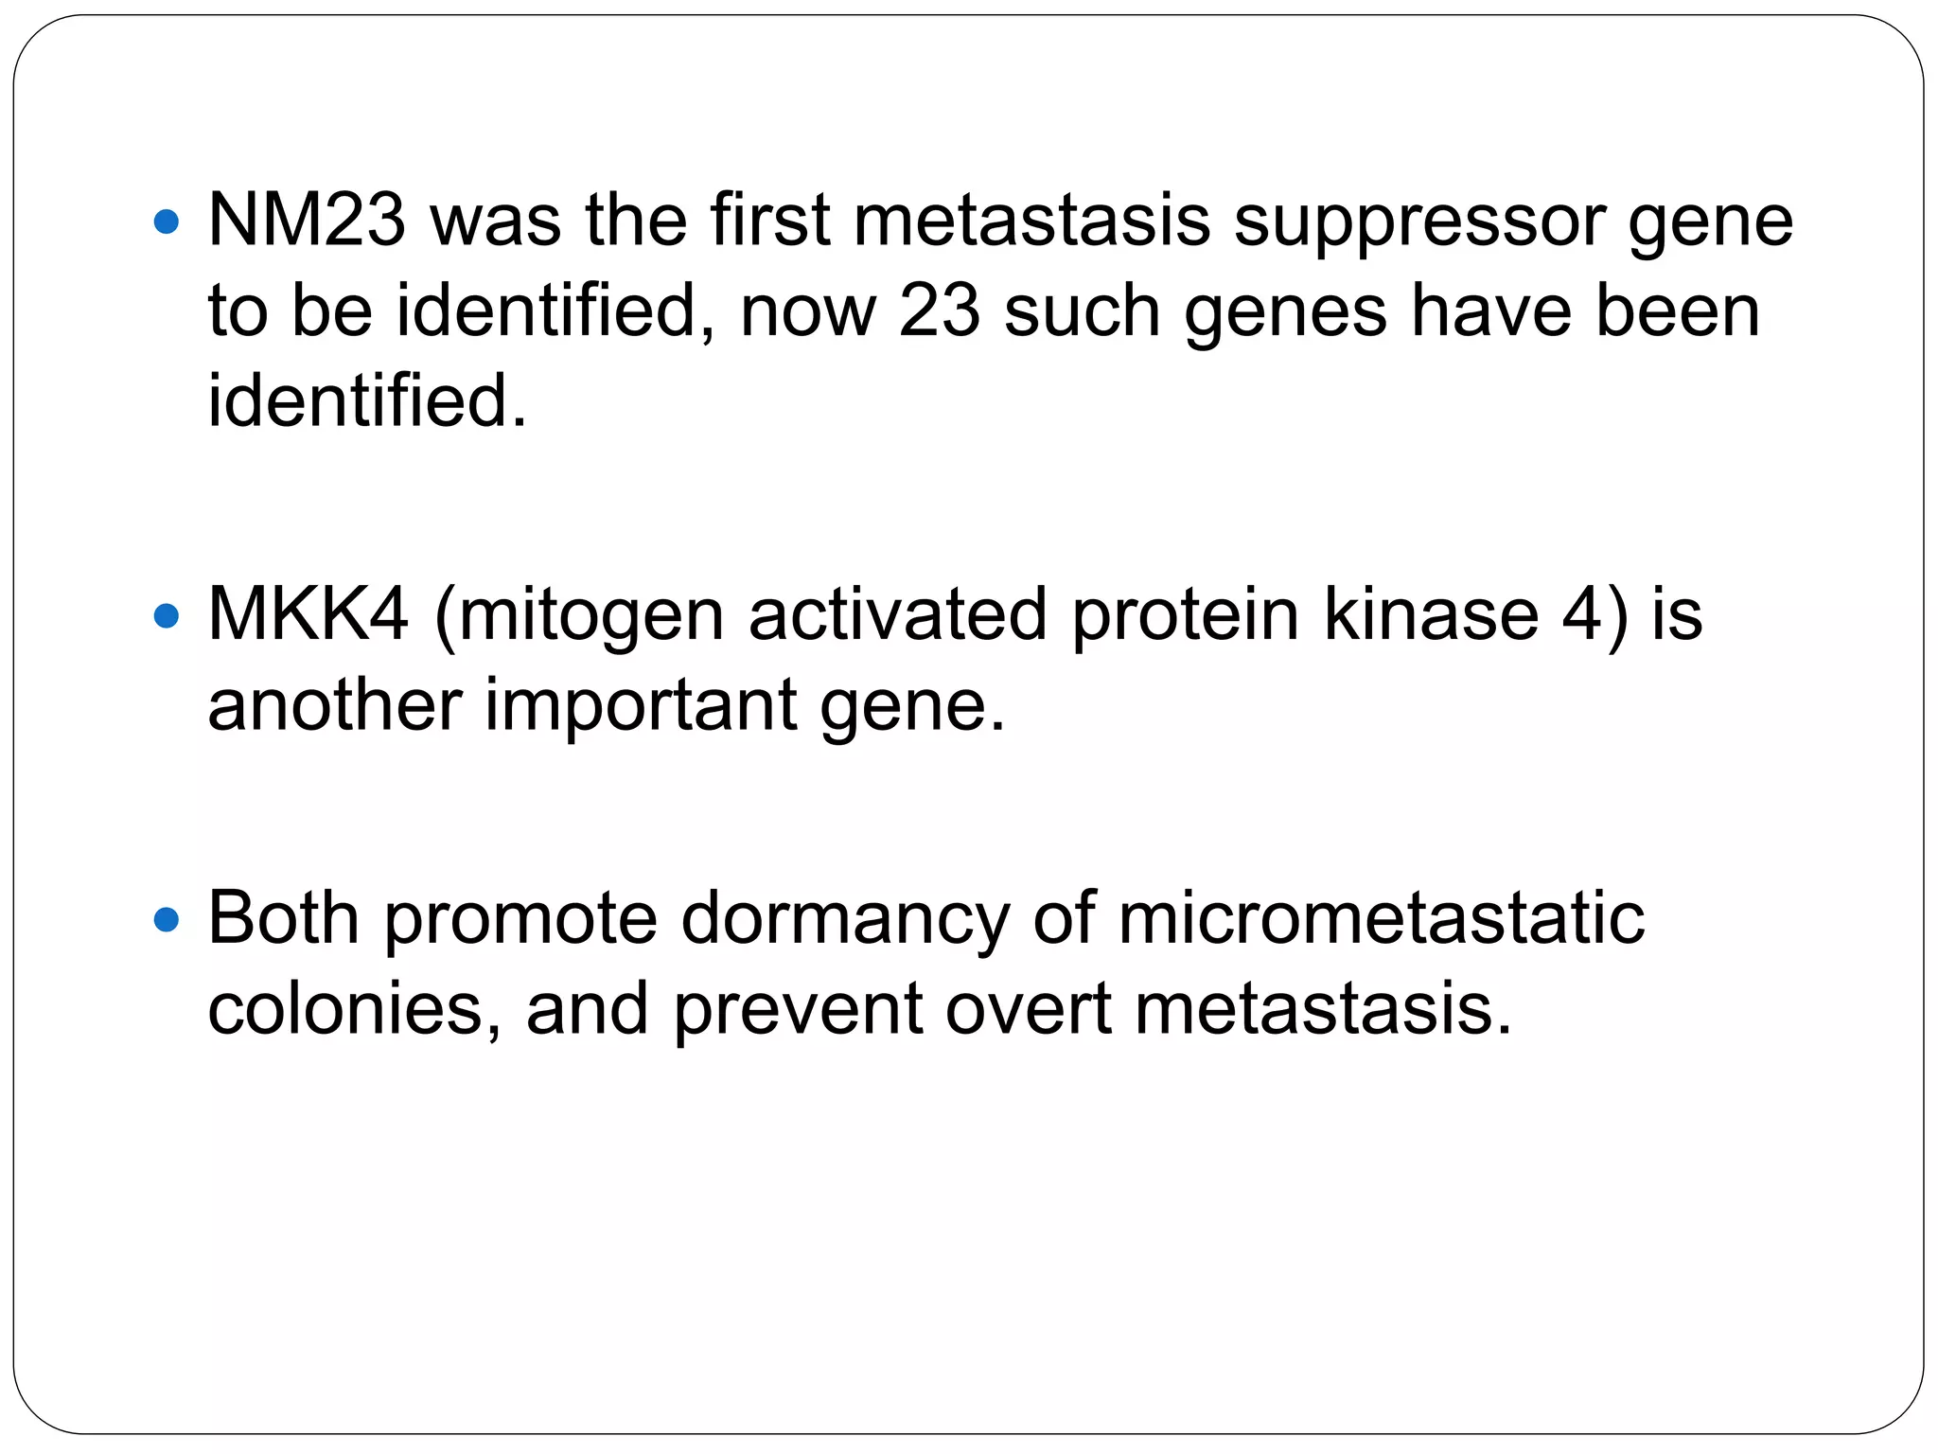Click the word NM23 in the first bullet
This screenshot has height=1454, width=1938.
coord(307,221)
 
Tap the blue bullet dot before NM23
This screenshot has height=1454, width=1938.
coord(166,223)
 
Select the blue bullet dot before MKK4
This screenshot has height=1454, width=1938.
coord(166,617)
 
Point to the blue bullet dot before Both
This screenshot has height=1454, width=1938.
coord(166,919)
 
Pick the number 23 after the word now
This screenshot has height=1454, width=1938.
coord(939,311)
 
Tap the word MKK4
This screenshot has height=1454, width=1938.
coord(308,614)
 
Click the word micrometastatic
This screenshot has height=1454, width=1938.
coord(1381,917)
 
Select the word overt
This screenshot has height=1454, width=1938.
coord(1029,1009)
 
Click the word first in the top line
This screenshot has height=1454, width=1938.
coord(769,221)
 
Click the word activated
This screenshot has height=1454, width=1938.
coord(897,614)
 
